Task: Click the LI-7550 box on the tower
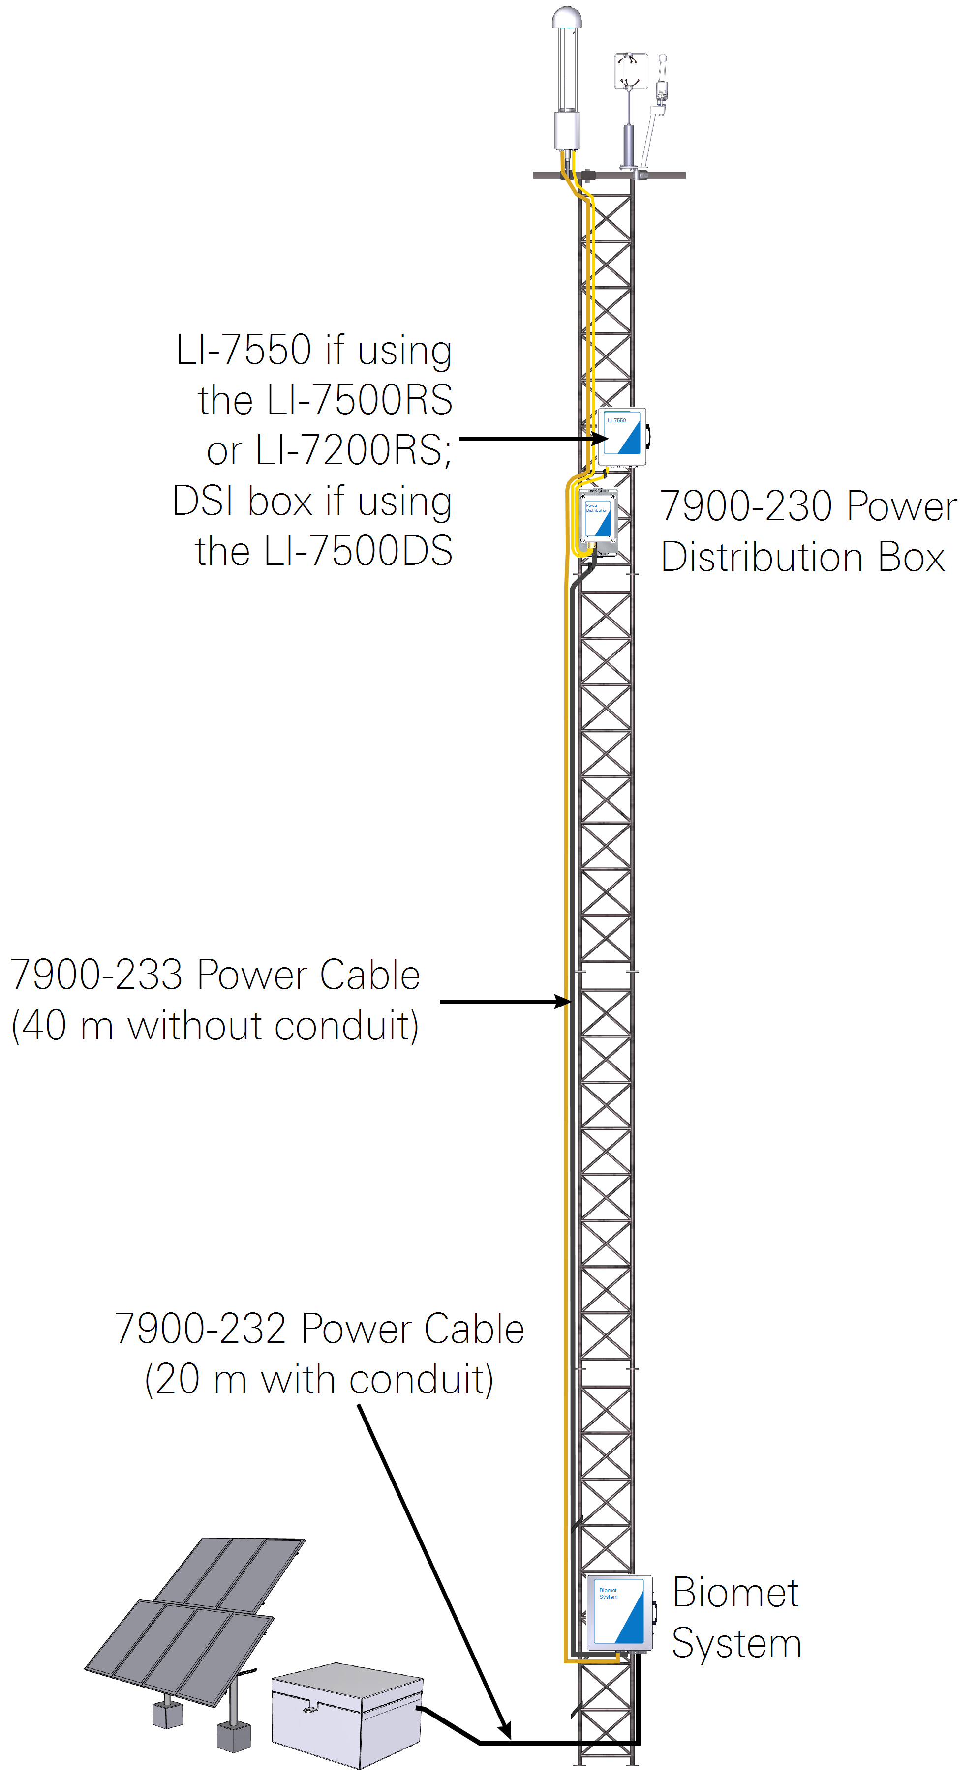[x=621, y=437]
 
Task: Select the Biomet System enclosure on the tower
[x=618, y=1613]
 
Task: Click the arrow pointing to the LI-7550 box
[x=531, y=438]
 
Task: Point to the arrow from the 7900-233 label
[x=504, y=1001]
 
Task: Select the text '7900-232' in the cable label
[x=201, y=1329]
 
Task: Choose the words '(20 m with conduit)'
[x=319, y=1380]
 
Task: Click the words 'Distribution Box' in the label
[x=802, y=558]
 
